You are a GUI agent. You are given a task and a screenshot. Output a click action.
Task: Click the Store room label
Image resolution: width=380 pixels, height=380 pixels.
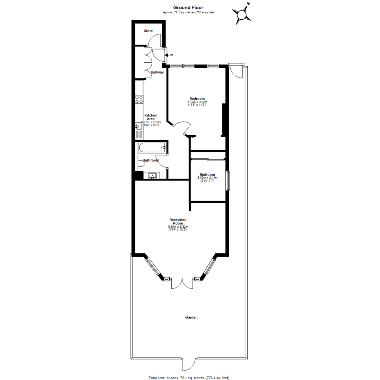click(148, 31)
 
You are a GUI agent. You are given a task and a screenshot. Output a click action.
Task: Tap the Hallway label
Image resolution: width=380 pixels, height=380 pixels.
click(157, 72)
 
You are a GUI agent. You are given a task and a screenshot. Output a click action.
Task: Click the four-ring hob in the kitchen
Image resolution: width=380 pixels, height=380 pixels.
click(139, 99)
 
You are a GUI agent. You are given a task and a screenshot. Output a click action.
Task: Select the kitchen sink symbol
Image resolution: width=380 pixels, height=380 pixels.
click(139, 131)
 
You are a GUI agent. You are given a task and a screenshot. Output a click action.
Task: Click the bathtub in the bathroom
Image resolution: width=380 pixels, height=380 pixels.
click(152, 147)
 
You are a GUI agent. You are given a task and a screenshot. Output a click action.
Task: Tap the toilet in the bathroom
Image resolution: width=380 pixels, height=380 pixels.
click(141, 164)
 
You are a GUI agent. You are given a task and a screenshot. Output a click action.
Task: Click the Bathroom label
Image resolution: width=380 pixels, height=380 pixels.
click(151, 160)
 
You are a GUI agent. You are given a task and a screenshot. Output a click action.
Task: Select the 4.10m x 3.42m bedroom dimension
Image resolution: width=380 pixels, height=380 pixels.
click(197, 102)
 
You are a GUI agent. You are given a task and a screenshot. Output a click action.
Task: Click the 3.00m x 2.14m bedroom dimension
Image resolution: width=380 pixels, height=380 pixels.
click(207, 178)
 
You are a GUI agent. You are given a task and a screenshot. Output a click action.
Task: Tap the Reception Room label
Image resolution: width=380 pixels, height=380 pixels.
click(178, 222)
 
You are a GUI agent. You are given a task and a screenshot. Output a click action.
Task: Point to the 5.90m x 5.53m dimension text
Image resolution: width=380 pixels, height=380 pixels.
click(178, 227)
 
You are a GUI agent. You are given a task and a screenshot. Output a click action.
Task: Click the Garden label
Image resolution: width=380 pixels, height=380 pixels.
click(191, 317)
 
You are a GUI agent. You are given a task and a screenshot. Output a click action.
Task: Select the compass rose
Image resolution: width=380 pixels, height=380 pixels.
click(242, 14)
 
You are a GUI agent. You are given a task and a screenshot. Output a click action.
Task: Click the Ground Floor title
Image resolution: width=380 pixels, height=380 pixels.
click(188, 7)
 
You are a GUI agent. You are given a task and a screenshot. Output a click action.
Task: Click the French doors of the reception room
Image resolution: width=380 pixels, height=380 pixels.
click(182, 283)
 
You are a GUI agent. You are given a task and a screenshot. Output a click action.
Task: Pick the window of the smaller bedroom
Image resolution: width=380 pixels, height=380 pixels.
click(228, 181)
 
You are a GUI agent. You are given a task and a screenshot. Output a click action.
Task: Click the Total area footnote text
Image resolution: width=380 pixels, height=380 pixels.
click(189, 378)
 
